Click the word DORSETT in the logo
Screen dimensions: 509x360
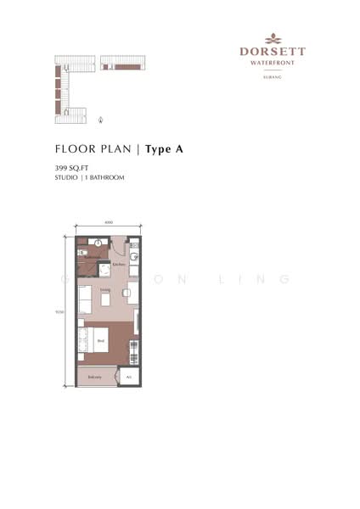(x=273, y=51)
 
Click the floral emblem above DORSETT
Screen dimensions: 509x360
(x=273, y=38)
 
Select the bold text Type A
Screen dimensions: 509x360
(x=165, y=149)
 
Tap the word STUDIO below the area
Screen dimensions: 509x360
(x=65, y=178)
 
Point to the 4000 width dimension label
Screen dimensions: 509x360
(x=109, y=223)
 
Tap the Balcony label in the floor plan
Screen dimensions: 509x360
(x=94, y=377)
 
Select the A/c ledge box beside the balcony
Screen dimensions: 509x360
(x=129, y=377)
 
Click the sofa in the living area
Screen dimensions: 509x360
(x=85, y=299)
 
